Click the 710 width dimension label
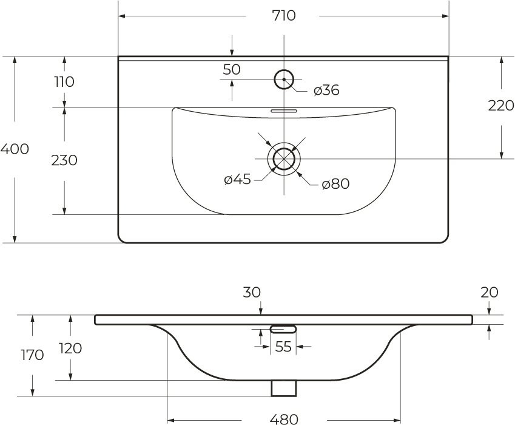coord(283,15)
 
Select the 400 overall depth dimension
coord(15,149)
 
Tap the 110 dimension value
coord(63,81)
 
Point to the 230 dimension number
coord(64,161)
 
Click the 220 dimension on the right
coord(501,106)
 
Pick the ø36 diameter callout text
coord(326,91)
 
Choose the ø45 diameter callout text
coord(237,180)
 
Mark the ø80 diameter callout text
coord(335,184)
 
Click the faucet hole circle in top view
coord(283,79)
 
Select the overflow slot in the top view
coord(283,111)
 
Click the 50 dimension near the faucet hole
coord(232,70)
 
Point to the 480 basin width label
coord(283,418)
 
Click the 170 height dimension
coord(32,355)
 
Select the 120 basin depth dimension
coord(70,349)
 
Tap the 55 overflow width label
coord(283,347)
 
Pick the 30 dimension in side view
coord(252,293)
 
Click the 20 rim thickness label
coord(489,293)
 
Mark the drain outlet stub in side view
coord(283,387)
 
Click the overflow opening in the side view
coord(283,329)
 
